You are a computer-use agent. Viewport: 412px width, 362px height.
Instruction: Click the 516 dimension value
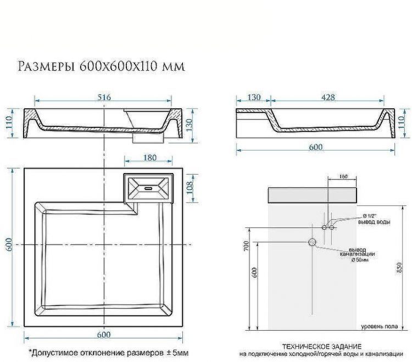(104, 97)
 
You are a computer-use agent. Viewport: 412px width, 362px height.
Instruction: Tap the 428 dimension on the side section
(328, 97)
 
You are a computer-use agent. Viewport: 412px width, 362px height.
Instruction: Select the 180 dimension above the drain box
(149, 158)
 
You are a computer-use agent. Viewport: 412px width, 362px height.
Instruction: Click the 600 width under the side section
(315, 147)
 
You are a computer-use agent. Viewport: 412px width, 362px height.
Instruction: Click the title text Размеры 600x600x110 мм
(101, 66)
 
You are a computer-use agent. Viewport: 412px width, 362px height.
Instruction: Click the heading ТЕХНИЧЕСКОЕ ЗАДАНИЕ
(321, 346)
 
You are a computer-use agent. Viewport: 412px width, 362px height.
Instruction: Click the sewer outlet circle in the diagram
(313, 242)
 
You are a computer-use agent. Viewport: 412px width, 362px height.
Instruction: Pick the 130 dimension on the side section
(254, 97)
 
